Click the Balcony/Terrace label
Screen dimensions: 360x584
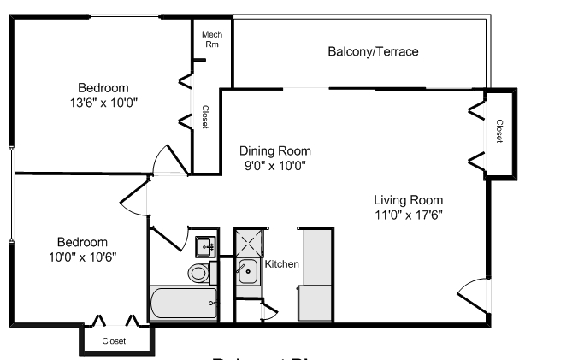[373, 52]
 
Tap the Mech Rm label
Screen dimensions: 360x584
[211, 39]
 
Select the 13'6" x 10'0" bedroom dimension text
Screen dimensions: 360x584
[103, 103]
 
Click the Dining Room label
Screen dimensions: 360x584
[274, 150]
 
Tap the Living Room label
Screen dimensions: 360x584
[408, 200]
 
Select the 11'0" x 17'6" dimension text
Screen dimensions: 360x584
[408, 215]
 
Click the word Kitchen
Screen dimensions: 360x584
[282, 264]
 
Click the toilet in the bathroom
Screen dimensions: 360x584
[198, 274]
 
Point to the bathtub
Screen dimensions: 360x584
[184, 303]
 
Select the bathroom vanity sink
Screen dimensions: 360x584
[205, 246]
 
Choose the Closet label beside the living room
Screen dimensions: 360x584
[499, 133]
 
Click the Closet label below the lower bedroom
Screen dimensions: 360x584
[114, 340]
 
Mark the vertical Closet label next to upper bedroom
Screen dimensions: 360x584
[204, 117]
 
